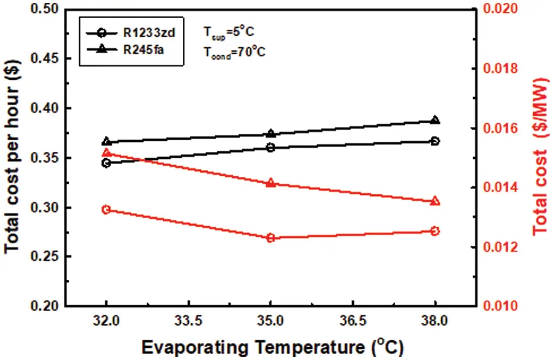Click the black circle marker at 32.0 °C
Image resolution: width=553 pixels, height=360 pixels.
pyautogui.click(x=106, y=163)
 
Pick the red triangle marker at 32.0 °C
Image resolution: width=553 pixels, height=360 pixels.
pyautogui.click(x=106, y=153)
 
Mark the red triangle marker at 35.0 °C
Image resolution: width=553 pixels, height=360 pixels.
pyautogui.click(x=271, y=183)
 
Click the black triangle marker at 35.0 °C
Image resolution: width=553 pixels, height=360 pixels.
pyautogui.click(x=271, y=134)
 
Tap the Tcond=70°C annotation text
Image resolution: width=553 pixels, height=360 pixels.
pyautogui.click(x=235, y=51)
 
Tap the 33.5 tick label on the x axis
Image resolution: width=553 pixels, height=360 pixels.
pyautogui.click(x=188, y=320)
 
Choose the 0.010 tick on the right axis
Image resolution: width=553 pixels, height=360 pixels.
pyautogui.click(x=492, y=306)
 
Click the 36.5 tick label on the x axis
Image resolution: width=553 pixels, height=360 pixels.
pyautogui.click(x=353, y=320)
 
